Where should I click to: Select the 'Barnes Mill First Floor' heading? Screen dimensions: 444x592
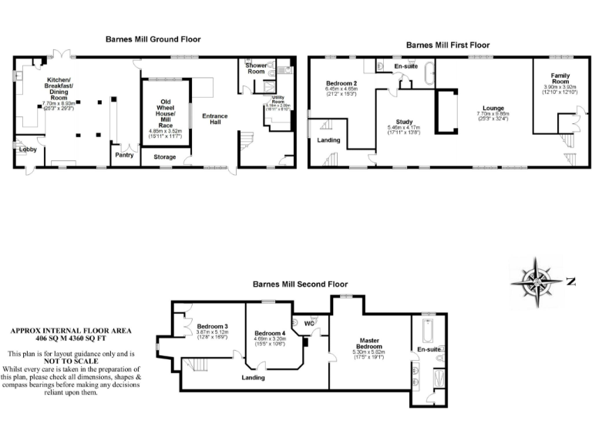[447, 45]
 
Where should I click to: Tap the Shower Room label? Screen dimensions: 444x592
[256, 69]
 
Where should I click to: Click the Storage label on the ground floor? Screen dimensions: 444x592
[164, 157]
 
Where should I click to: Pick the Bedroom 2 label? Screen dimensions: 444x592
[340, 83]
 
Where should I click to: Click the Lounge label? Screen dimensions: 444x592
[493, 108]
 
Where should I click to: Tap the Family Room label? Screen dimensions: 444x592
[560, 78]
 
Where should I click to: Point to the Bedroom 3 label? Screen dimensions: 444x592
[211, 326]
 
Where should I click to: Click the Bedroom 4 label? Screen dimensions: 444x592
[269, 333]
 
